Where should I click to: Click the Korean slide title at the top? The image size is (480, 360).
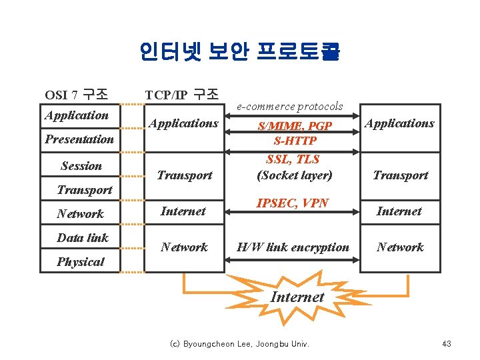(x=240, y=52)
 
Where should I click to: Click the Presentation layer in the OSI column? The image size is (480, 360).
(x=79, y=139)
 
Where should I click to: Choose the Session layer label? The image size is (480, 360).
(x=81, y=166)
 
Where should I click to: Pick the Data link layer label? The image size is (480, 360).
(x=83, y=238)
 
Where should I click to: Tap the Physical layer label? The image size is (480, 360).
(x=80, y=262)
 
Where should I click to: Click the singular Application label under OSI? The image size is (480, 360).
(x=77, y=115)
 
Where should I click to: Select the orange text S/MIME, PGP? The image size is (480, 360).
(x=295, y=126)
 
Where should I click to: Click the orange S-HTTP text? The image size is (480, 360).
(x=295, y=141)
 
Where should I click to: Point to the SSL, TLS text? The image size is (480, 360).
(x=293, y=159)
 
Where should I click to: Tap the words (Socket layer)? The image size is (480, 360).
(x=294, y=175)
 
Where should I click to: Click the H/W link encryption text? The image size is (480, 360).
(x=293, y=247)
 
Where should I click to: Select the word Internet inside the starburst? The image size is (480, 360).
(x=297, y=297)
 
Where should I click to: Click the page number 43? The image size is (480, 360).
(x=447, y=344)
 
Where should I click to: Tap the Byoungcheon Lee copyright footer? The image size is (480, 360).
(x=245, y=344)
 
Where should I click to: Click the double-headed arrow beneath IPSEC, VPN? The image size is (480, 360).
(x=293, y=212)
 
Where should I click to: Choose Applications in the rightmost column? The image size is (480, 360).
(x=400, y=123)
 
